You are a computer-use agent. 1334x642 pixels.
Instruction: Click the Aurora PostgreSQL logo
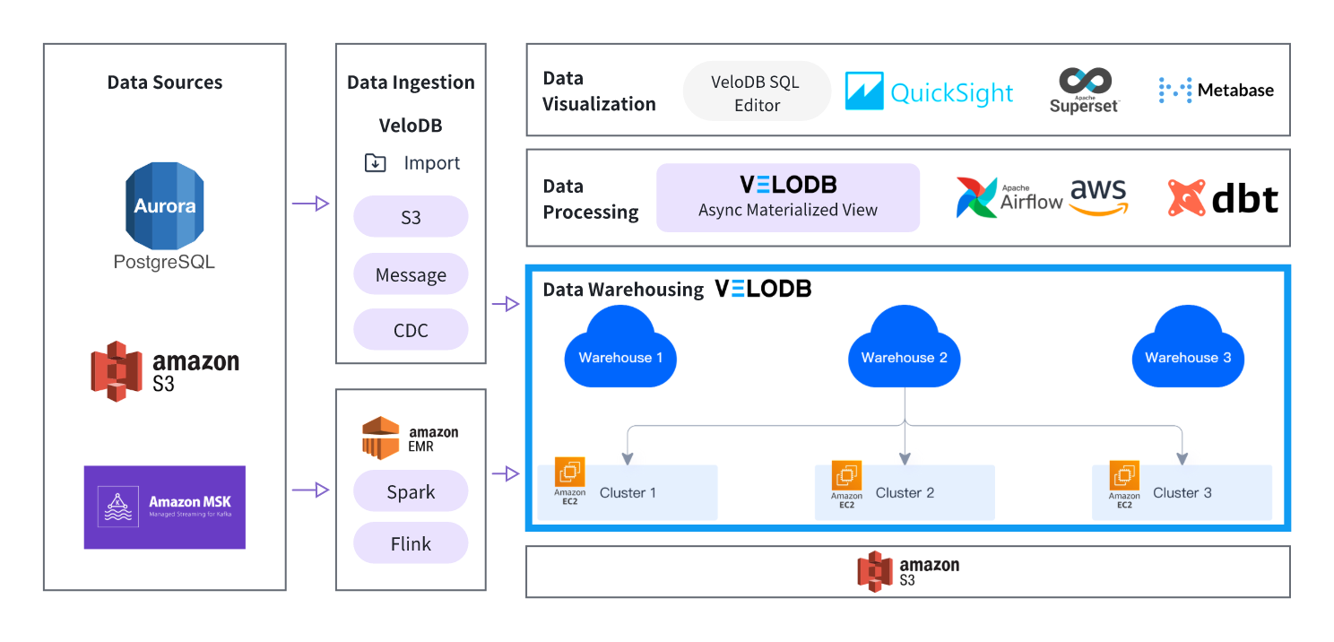tap(164, 215)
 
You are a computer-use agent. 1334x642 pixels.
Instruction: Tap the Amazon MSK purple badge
tap(164, 507)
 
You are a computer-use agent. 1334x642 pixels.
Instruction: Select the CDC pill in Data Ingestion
tap(411, 329)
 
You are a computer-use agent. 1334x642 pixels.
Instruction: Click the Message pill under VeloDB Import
tap(411, 274)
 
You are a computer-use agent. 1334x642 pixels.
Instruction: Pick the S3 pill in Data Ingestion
tap(411, 217)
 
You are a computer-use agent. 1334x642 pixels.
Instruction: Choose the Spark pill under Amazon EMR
tap(411, 491)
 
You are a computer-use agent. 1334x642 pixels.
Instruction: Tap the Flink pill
tap(411, 543)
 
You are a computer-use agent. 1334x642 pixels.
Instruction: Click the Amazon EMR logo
tap(411, 438)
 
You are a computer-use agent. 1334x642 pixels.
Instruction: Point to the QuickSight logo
tap(929, 91)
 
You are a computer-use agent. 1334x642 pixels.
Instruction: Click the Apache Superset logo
tap(1085, 90)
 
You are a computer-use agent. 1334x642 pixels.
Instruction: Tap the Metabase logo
tap(1216, 90)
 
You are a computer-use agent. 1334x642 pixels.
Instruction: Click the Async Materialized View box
tap(788, 198)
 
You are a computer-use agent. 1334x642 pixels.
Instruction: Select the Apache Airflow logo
tap(1009, 198)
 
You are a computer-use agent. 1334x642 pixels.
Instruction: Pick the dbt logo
tap(1223, 198)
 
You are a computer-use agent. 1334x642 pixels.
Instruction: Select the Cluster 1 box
tap(627, 492)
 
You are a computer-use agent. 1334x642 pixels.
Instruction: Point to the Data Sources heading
tap(164, 82)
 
